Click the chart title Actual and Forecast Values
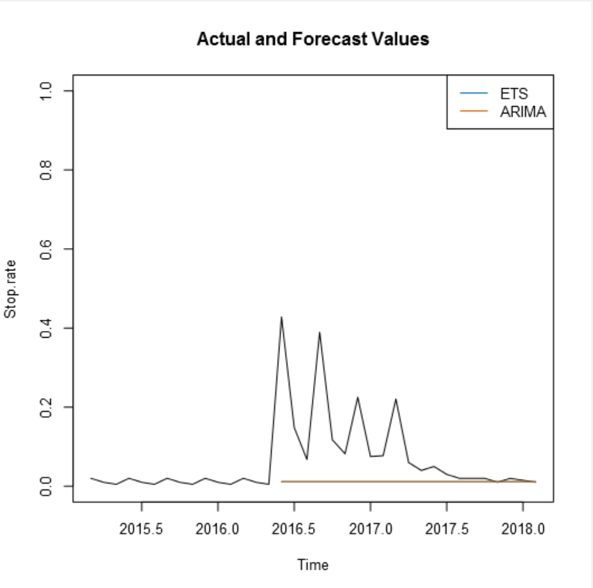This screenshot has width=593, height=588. click(313, 40)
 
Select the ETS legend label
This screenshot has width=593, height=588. click(514, 94)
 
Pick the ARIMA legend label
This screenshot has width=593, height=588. click(523, 112)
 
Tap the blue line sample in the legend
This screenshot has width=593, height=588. click(474, 94)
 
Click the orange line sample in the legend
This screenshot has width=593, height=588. click(474, 112)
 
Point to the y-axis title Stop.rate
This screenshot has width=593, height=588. click(10, 288)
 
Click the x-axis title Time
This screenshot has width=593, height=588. click(313, 565)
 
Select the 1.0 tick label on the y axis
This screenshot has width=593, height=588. click(47, 90)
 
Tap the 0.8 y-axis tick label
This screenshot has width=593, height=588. click(47, 170)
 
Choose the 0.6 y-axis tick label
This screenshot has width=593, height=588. click(47, 249)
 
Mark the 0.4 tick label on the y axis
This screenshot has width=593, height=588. click(47, 328)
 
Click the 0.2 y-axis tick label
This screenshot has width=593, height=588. click(47, 407)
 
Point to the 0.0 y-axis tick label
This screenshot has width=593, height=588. click(47, 486)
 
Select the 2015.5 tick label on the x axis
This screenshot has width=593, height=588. click(141, 528)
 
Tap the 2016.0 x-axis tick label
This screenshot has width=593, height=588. click(218, 528)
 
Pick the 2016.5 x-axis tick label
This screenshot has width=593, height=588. click(294, 528)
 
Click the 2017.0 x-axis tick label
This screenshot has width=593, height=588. click(370, 528)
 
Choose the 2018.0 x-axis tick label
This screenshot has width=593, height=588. click(523, 528)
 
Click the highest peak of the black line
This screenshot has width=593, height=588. click(282, 318)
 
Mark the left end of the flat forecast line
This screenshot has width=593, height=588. click(282, 482)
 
